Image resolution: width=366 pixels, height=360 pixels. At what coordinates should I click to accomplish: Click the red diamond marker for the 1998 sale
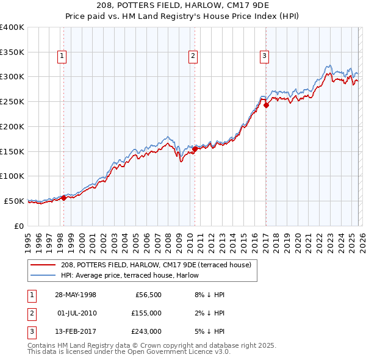[x=63, y=197]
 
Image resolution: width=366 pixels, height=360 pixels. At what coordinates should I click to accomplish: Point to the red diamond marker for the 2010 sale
[x=195, y=148]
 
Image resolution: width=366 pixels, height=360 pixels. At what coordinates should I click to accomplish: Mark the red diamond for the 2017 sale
[x=266, y=105]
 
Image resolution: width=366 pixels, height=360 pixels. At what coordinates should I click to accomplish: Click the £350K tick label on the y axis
[x=12, y=52]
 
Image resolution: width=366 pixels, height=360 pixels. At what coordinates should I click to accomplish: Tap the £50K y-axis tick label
[x=14, y=201]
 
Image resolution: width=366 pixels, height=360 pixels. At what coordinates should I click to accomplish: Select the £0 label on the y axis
[x=18, y=226]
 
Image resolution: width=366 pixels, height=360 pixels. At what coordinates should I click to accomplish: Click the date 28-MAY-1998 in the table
[x=76, y=295]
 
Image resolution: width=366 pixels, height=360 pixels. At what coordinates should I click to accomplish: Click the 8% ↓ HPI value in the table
[x=209, y=295]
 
